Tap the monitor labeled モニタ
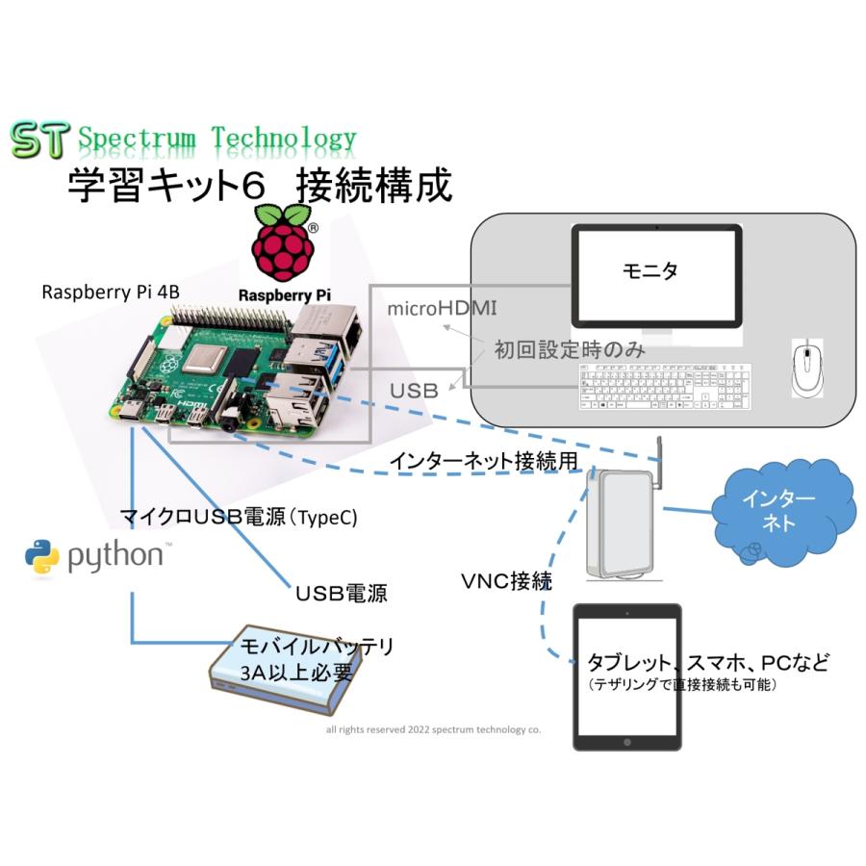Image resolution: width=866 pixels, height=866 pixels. [657, 275]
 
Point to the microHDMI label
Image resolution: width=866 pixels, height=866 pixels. [441, 309]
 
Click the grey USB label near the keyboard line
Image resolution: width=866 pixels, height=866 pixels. [414, 391]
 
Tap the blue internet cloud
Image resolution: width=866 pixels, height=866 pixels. [779, 511]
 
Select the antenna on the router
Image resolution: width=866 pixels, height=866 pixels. [661, 459]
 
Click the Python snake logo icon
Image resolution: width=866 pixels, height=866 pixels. [42, 557]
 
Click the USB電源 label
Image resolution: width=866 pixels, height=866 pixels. [341, 593]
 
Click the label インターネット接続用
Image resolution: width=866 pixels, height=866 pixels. [483, 462]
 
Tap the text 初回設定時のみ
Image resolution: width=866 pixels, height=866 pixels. [570, 349]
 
